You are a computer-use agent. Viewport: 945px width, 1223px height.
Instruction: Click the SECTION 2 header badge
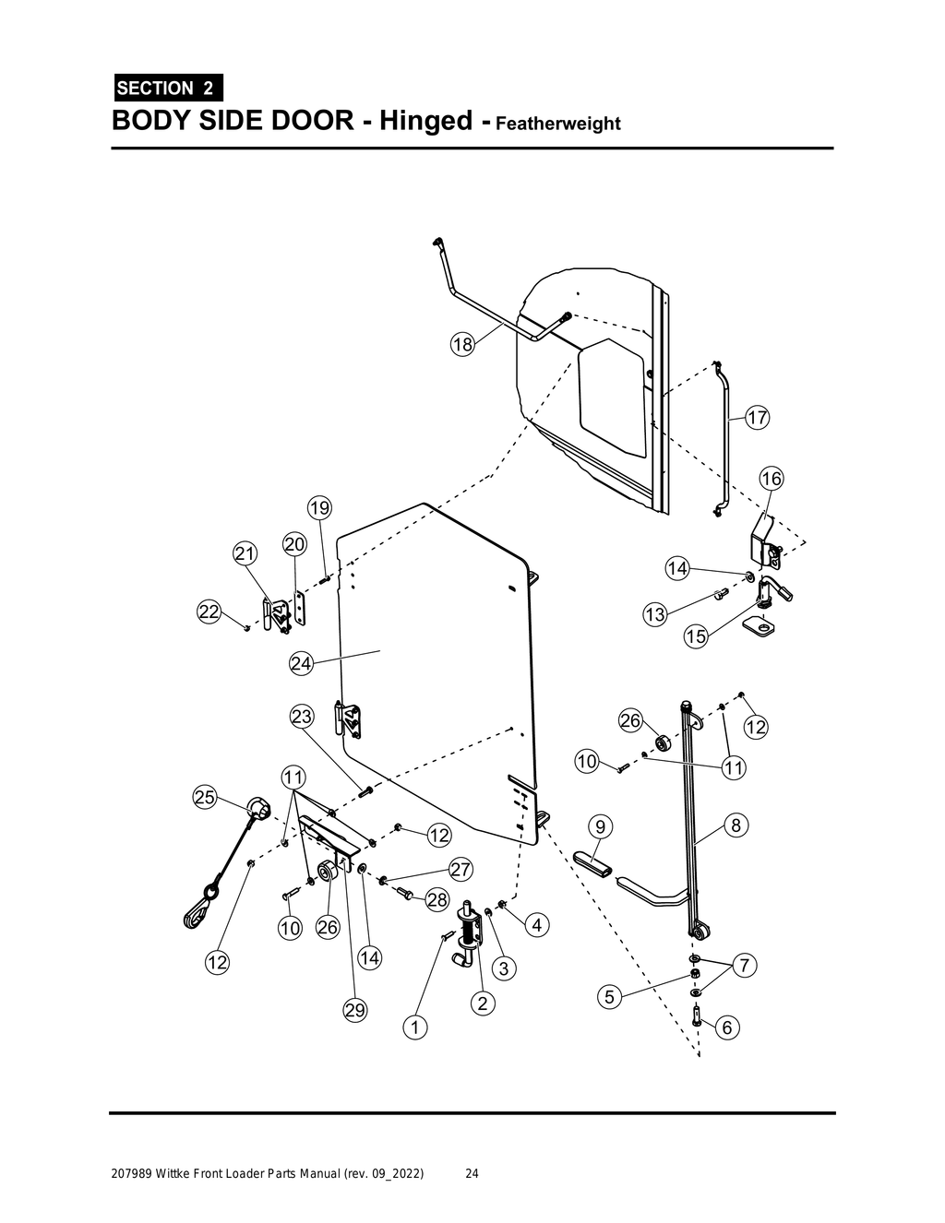pos(166,89)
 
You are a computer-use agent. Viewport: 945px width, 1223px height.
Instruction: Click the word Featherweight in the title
pos(558,124)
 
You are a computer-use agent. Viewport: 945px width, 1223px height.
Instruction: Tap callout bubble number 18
pos(462,345)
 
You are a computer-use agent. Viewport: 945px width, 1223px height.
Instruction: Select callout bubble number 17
pos(757,418)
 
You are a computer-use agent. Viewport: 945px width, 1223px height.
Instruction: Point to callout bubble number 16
pos(771,479)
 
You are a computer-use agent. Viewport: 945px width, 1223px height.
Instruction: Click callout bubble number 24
pos(301,663)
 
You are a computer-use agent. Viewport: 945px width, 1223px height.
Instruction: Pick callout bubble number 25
pos(205,798)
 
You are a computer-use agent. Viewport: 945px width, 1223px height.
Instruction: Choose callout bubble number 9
pos(600,825)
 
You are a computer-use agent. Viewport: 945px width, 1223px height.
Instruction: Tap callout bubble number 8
pos(736,825)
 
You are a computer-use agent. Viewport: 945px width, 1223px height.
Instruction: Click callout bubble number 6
pos(727,1027)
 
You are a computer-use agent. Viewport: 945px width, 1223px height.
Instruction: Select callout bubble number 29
pos(355,1011)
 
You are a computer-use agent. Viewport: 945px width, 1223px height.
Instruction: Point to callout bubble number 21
pos(245,554)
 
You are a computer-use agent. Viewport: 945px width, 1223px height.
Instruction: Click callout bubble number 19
pos(319,508)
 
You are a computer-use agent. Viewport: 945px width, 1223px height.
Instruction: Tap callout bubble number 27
pos(461,870)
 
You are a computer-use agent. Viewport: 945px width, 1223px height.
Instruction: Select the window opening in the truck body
pos(612,397)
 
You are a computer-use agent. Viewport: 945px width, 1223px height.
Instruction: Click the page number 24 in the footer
pos(472,1174)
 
